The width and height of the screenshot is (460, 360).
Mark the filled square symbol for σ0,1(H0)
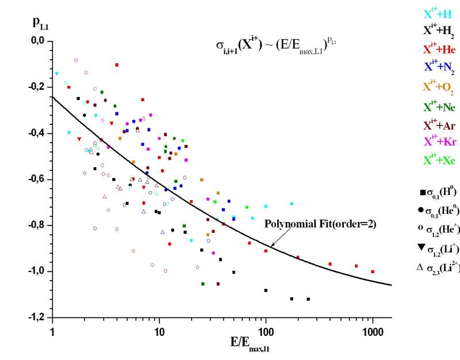(x=423, y=191)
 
